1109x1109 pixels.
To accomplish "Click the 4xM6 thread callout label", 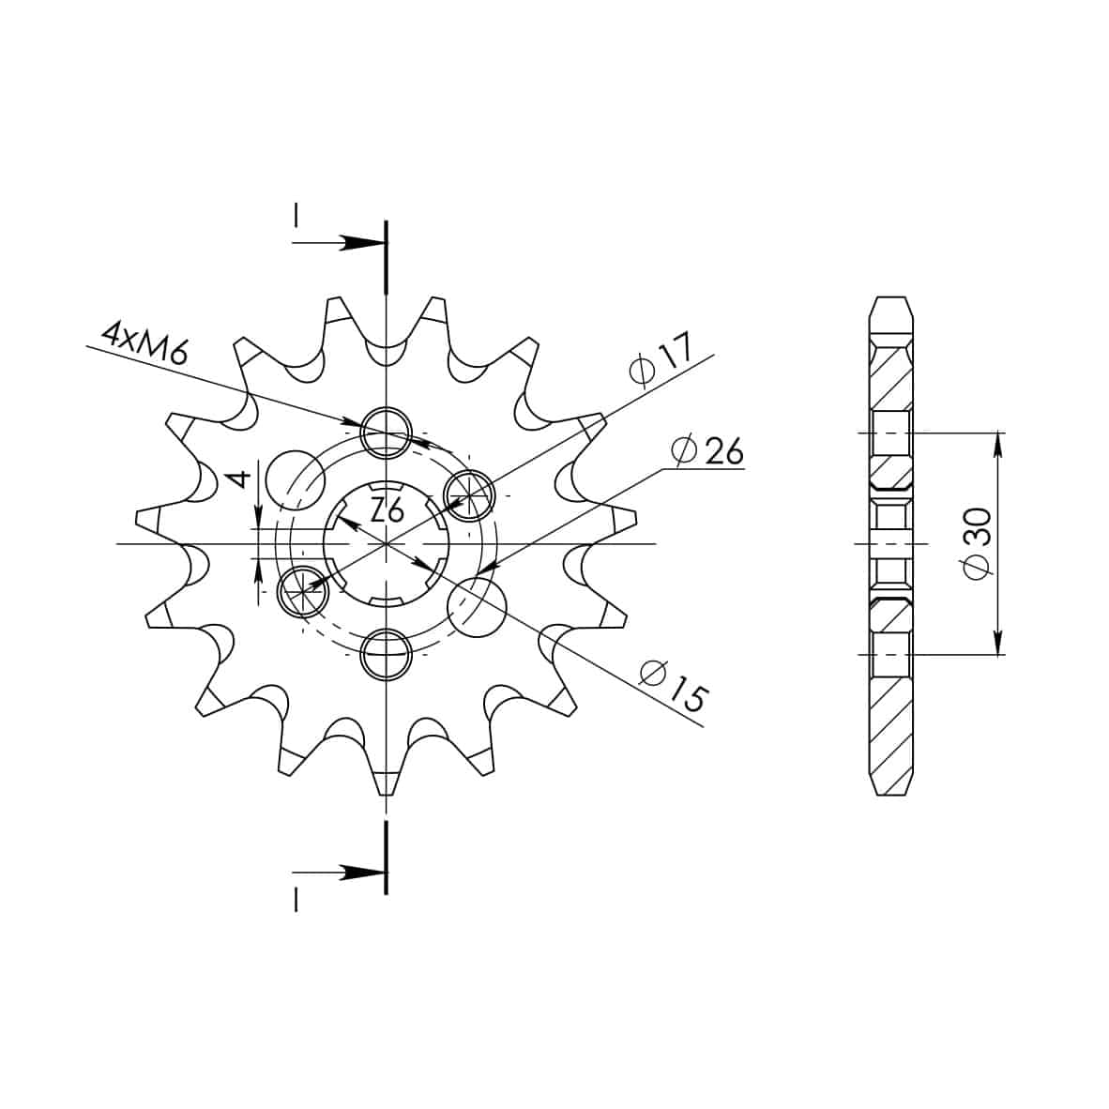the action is tap(145, 342).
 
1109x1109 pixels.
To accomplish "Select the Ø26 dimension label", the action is tap(707, 450).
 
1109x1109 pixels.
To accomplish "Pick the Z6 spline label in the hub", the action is tap(387, 509).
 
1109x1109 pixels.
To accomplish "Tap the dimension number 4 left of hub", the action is tap(240, 479).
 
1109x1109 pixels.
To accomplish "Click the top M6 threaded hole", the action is tap(387, 433).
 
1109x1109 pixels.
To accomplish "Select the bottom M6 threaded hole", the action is tap(387, 655).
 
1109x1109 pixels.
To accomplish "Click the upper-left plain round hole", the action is tap(296, 479).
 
